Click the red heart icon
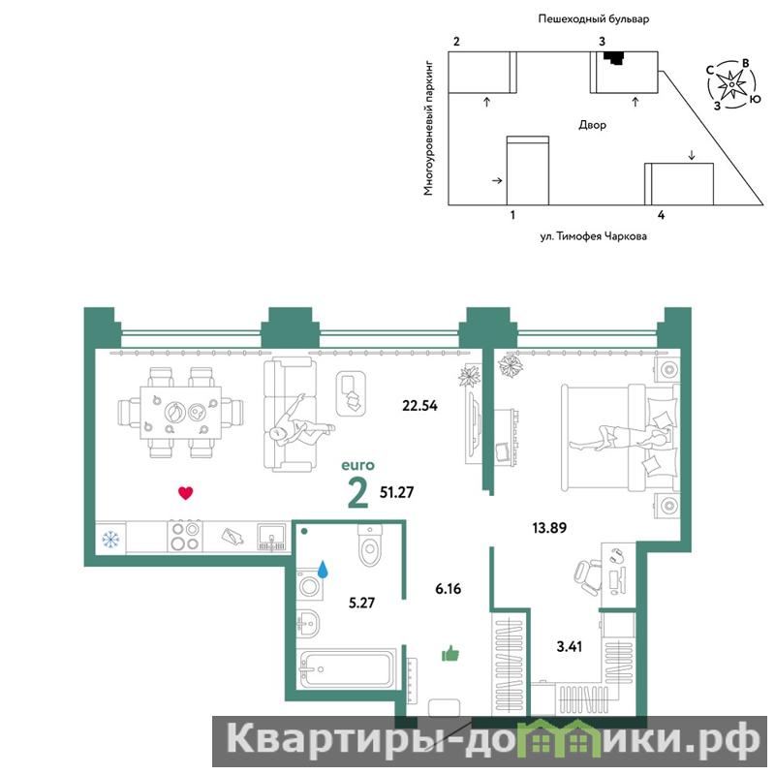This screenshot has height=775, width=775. tap(185, 493)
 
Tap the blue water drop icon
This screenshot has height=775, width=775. tap(324, 570)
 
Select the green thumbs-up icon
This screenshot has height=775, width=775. tap(450, 654)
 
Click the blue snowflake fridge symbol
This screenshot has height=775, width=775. tap(110, 539)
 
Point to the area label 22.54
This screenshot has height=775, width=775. tap(419, 406)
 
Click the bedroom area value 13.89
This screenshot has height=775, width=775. tap(549, 528)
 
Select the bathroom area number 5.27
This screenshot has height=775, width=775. tap(361, 603)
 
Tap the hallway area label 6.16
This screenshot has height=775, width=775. tap(448, 589)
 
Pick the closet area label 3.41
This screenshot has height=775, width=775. tap(569, 646)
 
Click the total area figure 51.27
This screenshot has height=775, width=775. tap(396, 492)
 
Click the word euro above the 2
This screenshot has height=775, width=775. tap(358, 465)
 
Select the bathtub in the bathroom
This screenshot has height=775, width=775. tap(348, 668)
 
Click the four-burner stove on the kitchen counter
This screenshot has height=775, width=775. tap(185, 537)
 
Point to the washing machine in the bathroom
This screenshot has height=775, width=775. tap(309, 586)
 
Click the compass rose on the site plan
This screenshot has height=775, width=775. tap(730, 85)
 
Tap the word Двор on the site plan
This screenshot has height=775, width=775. tap(592, 125)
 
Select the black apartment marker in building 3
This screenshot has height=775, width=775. tap(613, 58)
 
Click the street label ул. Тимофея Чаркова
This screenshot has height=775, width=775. tap(593, 236)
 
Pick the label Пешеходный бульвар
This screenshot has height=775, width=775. tap(593, 19)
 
